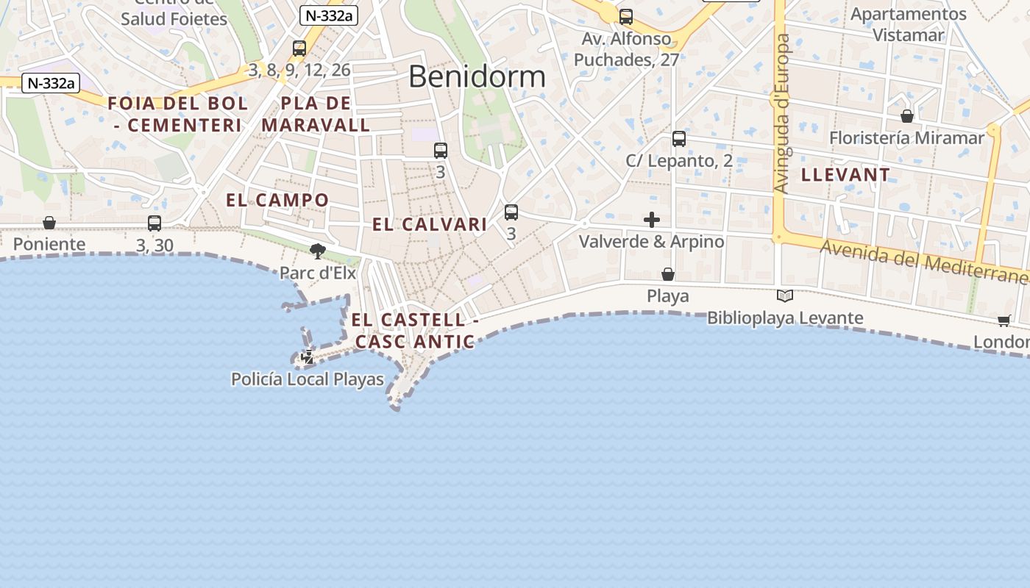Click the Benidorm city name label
coord(477,76)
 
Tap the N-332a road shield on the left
coord(51,83)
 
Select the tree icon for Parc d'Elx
coord(317,252)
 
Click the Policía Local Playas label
coord(308,379)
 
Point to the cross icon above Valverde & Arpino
coord(651,220)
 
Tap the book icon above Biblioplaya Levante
coord(785,296)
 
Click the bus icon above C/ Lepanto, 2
coord(679,139)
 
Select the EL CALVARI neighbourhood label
coord(429,224)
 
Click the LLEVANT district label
coord(845,175)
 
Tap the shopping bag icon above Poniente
coord(49,223)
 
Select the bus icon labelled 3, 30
coord(154,223)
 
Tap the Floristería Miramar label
coord(906,137)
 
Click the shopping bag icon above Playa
coord(668,274)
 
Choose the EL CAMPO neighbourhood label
coord(277,200)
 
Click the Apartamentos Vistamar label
coord(908,24)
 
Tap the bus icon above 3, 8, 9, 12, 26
coord(299,49)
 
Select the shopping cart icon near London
coord(1004,320)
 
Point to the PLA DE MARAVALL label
coord(316,114)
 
